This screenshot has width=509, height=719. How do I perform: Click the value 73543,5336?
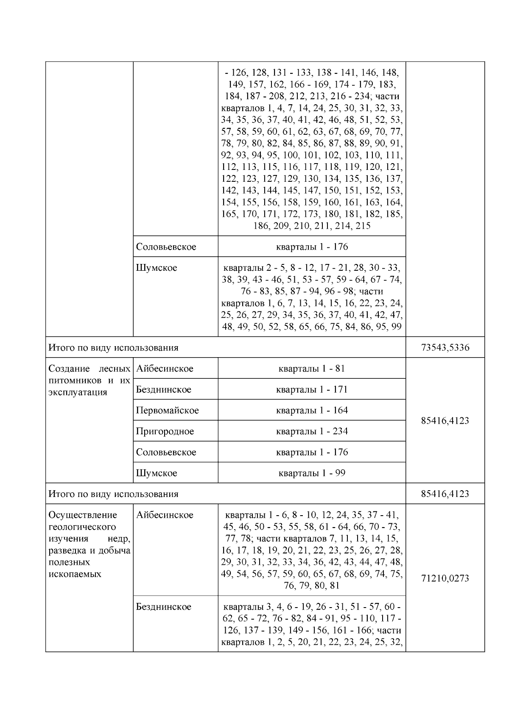click(445, 347)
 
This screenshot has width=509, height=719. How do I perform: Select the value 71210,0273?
click(445, 578)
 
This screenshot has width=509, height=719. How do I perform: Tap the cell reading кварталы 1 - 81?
click(312, 369)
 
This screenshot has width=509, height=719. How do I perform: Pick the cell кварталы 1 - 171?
click(312, 389)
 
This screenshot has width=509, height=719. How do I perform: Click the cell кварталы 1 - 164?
click(312, 410)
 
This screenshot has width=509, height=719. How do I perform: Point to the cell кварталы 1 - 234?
click(312, 431)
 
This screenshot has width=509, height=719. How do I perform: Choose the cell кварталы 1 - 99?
click(312, 473)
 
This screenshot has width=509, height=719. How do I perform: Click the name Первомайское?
click(167, 410)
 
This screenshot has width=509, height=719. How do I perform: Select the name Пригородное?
click(165, 431)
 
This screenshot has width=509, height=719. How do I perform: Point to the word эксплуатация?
click(78, 392)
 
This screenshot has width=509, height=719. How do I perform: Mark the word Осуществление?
click(82, 515)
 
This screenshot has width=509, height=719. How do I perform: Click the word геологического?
click(82, 527)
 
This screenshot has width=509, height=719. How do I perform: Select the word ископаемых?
click(75, 574)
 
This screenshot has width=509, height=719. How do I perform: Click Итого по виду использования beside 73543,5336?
click(113, 347)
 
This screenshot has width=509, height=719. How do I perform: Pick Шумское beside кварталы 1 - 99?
click(157, 473)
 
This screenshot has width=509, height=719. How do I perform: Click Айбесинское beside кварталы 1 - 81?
click(165, 369)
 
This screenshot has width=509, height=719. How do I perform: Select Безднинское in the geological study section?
click(163, 607)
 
